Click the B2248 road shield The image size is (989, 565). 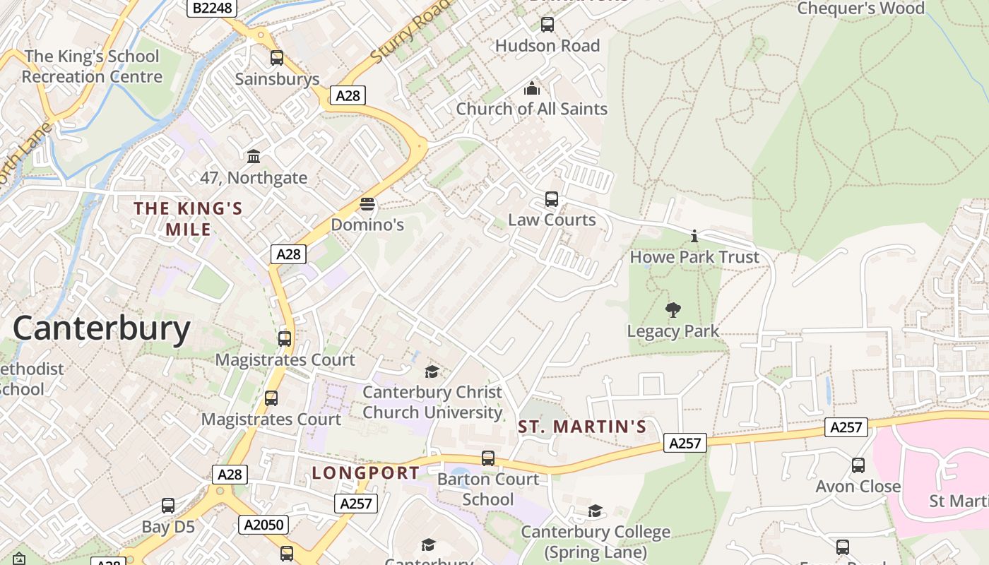212,8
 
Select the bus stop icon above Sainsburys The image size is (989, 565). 277,58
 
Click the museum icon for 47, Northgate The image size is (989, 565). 254,156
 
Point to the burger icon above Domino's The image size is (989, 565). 367,205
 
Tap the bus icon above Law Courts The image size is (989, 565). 552,199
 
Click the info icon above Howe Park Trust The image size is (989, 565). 694,236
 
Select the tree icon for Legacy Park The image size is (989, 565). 673,309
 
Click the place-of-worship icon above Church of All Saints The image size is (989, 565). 531,88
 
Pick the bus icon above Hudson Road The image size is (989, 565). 547,25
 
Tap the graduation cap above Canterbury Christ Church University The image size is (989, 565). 432,371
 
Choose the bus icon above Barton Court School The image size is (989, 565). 488,458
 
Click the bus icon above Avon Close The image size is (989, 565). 858,465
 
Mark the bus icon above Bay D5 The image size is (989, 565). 168,506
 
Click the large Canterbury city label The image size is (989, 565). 102,328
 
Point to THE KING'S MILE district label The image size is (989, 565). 188,218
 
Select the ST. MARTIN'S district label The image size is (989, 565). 582,427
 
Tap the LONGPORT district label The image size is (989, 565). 365,472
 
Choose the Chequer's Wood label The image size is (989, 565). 860,8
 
